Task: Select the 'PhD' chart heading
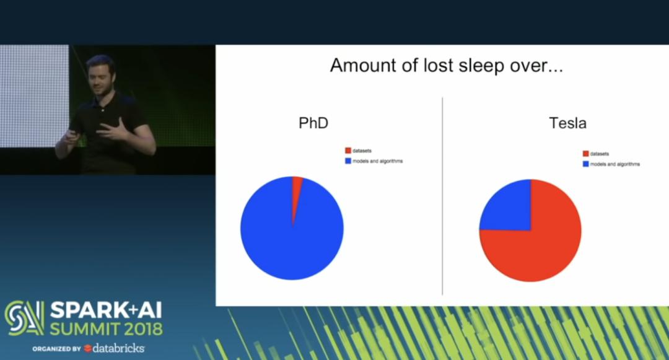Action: tap(313, 123)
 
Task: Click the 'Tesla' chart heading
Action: tap(567, 123)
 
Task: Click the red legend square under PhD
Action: tap(348, 151)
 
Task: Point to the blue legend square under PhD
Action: tap(348, 161)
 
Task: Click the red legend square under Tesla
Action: tap(586, 154)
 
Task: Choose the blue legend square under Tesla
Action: tap(586, 164)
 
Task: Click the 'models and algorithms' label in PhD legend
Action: tap(378, 161)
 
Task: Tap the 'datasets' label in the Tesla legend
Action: tap(600, 154)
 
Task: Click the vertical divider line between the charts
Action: tap(442, 196)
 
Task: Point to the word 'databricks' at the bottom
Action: tap(118, 348)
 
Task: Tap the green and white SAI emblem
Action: tap(24, 318)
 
